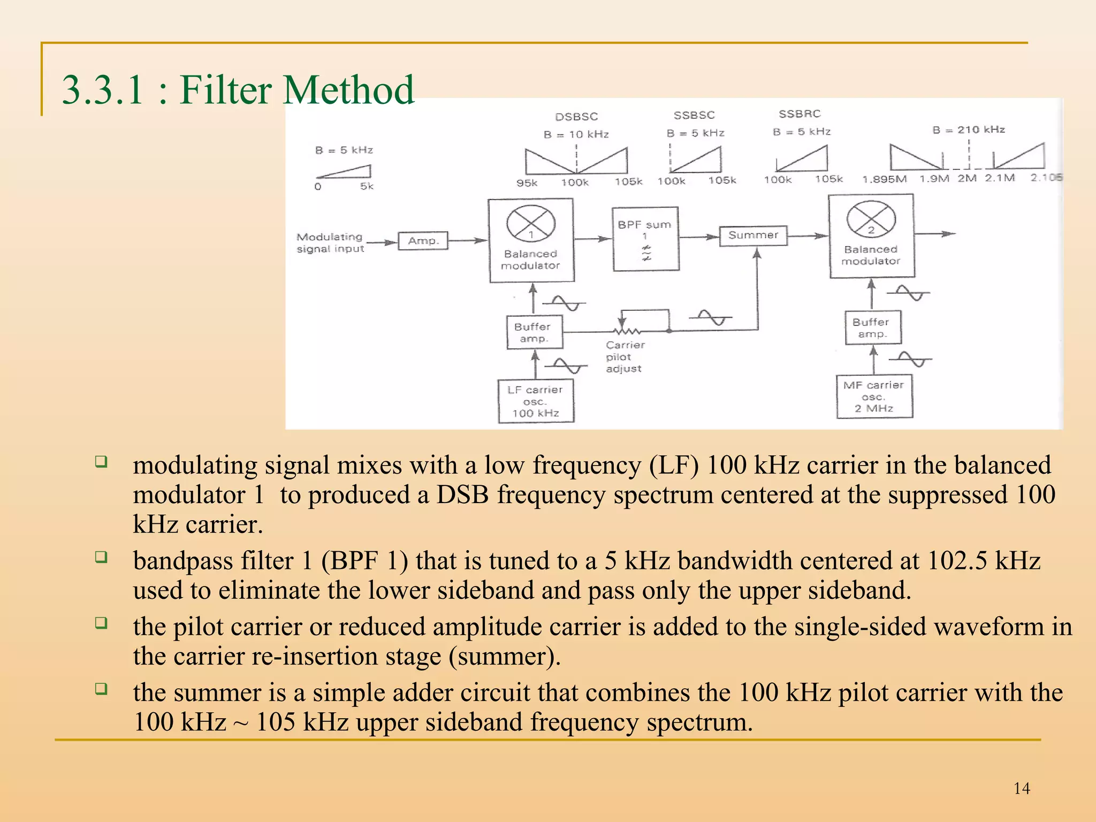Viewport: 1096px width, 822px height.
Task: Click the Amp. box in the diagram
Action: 423,241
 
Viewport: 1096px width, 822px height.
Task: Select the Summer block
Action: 753,235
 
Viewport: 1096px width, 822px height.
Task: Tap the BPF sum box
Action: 645,239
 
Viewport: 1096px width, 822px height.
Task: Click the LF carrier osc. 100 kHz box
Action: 536,401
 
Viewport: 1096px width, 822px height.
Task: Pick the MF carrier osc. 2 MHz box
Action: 874,397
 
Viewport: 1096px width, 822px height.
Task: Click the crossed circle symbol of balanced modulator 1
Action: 531,223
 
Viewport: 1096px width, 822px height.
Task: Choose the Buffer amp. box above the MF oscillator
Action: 873,328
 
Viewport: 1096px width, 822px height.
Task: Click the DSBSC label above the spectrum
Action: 576,117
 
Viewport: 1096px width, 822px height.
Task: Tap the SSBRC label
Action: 800,114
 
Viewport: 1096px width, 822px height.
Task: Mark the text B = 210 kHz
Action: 968,130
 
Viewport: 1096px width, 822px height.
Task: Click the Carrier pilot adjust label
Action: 625,357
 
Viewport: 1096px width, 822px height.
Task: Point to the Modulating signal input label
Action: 330,242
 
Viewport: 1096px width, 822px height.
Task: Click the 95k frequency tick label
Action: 527,183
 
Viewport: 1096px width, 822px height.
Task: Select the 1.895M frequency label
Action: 884,179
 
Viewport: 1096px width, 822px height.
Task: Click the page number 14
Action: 1021,788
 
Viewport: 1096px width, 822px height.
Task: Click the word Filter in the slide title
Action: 225,90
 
